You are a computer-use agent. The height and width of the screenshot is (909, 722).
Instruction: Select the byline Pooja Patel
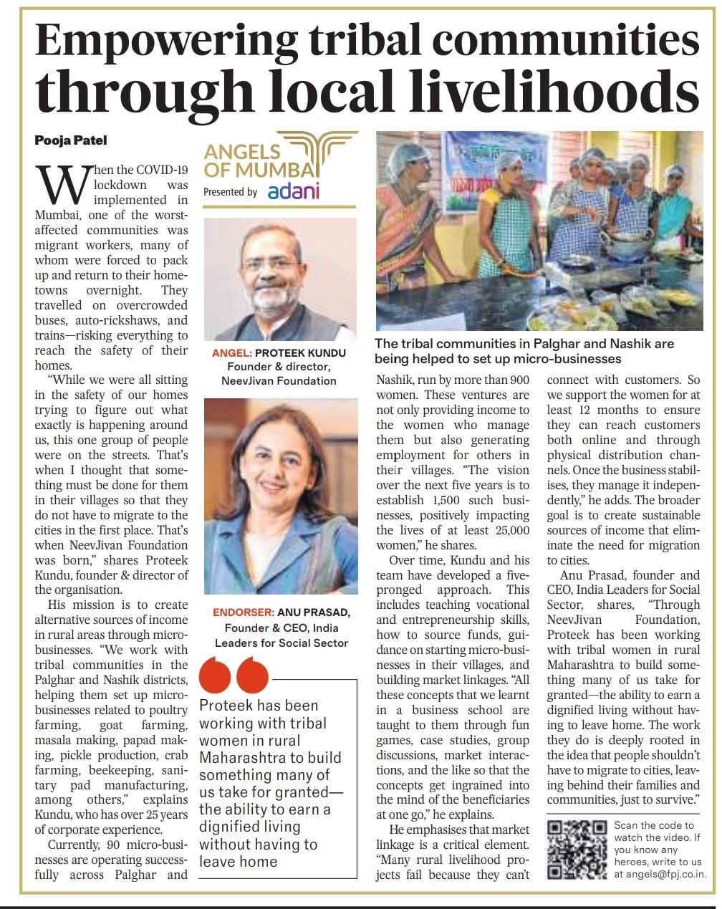(70, 140)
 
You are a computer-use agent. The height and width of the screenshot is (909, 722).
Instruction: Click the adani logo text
(293, 192)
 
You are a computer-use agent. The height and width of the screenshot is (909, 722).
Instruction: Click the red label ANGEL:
(232, 353)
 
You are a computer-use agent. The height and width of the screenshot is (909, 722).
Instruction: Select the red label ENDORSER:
(243, 612)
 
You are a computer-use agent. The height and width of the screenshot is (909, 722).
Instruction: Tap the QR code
(577, 850)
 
